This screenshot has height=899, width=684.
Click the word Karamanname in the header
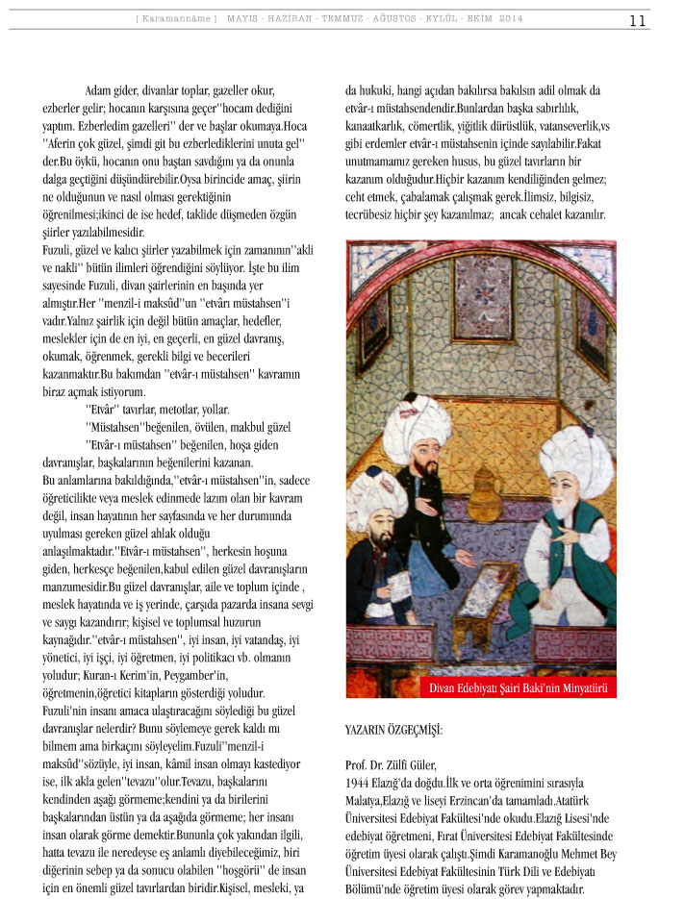pos(177,19)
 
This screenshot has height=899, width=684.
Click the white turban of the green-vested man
pos(577,461)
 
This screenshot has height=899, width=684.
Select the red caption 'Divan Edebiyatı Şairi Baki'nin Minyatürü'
pos(516,687)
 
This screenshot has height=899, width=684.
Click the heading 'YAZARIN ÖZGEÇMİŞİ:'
pos(394,730)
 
